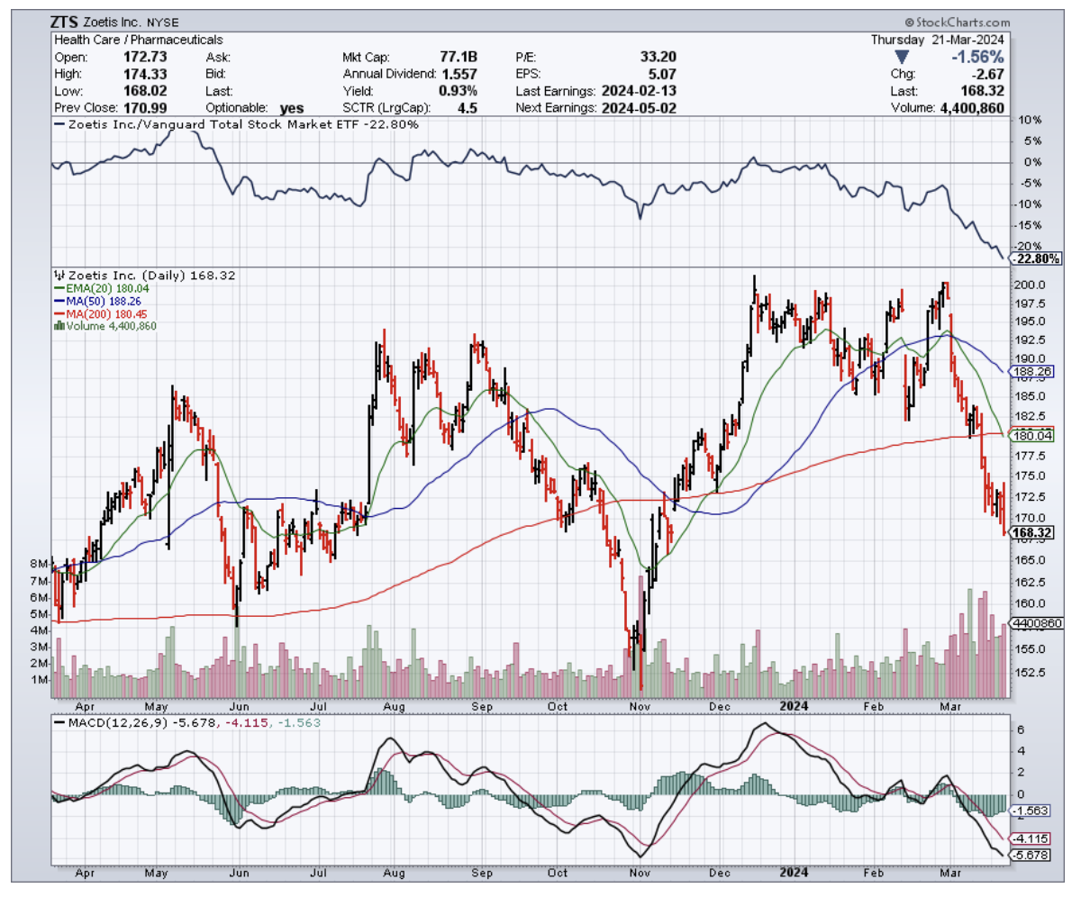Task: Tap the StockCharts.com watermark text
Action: (958, 23)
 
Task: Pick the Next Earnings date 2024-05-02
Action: (640, 108)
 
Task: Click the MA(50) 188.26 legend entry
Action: (97, 301)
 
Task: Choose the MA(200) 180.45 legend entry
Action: (99, 313)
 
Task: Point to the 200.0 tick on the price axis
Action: (1030, 285)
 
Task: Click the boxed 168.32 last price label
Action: (1031, 533)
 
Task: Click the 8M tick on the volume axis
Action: (40, 564)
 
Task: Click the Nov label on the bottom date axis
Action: (640, 872)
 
